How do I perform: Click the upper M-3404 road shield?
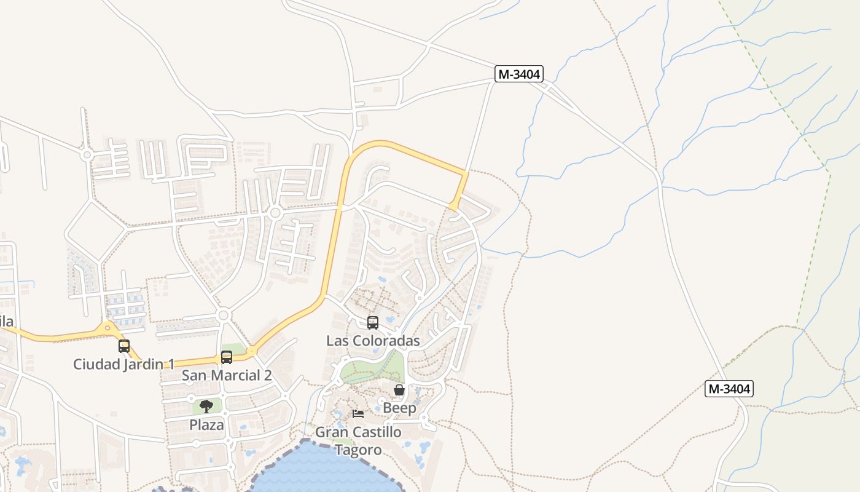[519, 74]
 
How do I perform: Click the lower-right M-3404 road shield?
[729, 389]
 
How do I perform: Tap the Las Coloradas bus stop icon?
[372, 322]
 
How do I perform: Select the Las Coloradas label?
[373, 341]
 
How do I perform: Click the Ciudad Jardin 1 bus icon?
[124, 346]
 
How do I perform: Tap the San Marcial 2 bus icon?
[227, 357]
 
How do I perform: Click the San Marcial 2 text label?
[227, 375]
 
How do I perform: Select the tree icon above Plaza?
[206, 406]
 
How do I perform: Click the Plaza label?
[206, 424]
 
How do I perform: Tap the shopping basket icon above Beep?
[399, 390]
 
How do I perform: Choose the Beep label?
[399, 408]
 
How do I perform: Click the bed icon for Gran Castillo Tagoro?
[358, 413]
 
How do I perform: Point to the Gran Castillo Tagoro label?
[358, 440]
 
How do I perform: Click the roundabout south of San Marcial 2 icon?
[223, 315]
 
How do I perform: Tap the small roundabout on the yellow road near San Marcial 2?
[251, 352]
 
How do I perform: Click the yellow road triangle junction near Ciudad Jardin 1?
[107, 329]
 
